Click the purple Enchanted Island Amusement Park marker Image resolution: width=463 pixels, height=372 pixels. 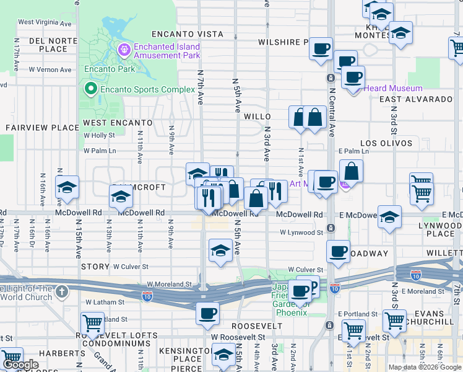(124, 48)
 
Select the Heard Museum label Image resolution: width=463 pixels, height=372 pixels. (392, 89)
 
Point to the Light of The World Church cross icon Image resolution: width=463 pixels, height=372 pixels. (61, 291)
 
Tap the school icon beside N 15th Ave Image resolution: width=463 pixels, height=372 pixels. (66, 187)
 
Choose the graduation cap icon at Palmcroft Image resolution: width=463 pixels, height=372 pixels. (121, 197)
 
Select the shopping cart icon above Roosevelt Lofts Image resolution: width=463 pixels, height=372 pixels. (92, 322)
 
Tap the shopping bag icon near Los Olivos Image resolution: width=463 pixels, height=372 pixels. (351, 171)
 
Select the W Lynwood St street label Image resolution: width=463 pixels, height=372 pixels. (301, 233)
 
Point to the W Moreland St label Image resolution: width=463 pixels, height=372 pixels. (170, 285)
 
